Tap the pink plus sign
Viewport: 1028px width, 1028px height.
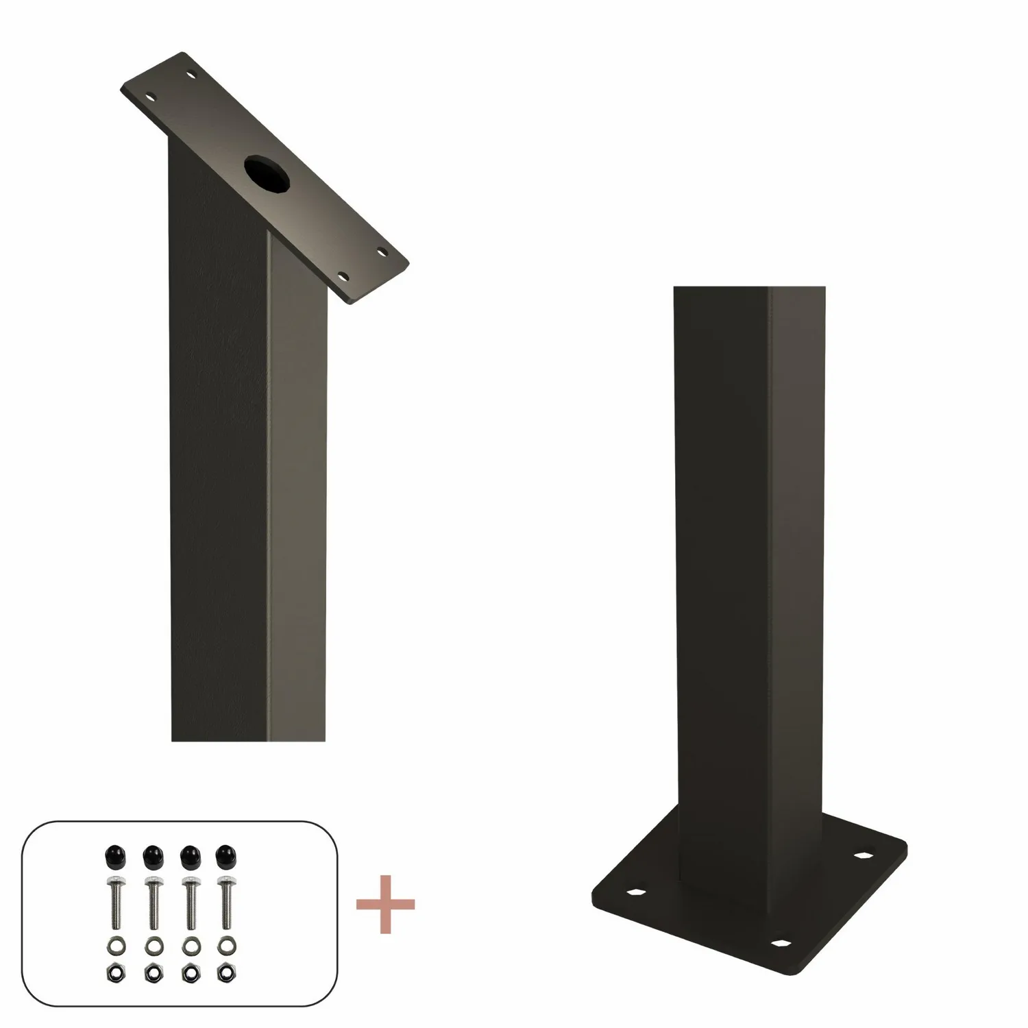tap(386, 903)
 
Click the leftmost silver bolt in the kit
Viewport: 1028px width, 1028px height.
tap(113, 897)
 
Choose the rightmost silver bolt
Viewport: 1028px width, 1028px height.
tap(223, 897)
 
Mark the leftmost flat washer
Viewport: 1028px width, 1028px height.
tap(113, 947)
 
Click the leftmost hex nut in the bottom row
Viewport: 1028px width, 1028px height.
tap(113, 971)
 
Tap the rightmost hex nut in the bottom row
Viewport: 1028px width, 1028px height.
tap(223, 971)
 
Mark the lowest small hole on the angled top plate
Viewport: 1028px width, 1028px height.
tap(345, 277)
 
